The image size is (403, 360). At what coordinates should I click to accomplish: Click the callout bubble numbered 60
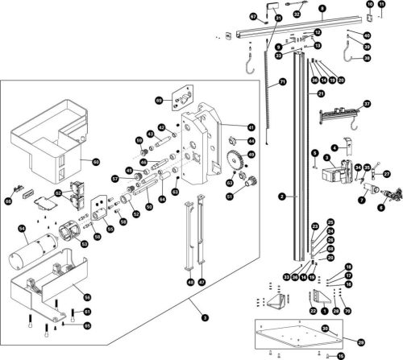(95, 162)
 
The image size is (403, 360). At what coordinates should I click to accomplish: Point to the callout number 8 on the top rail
(322, 8)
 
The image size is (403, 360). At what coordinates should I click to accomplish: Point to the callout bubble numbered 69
(159, 100)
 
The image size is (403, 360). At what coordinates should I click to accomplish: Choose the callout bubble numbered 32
(296, 14)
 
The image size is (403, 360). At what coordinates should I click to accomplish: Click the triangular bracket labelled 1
(324, 300)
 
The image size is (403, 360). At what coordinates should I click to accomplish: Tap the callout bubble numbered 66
(9, 201)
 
